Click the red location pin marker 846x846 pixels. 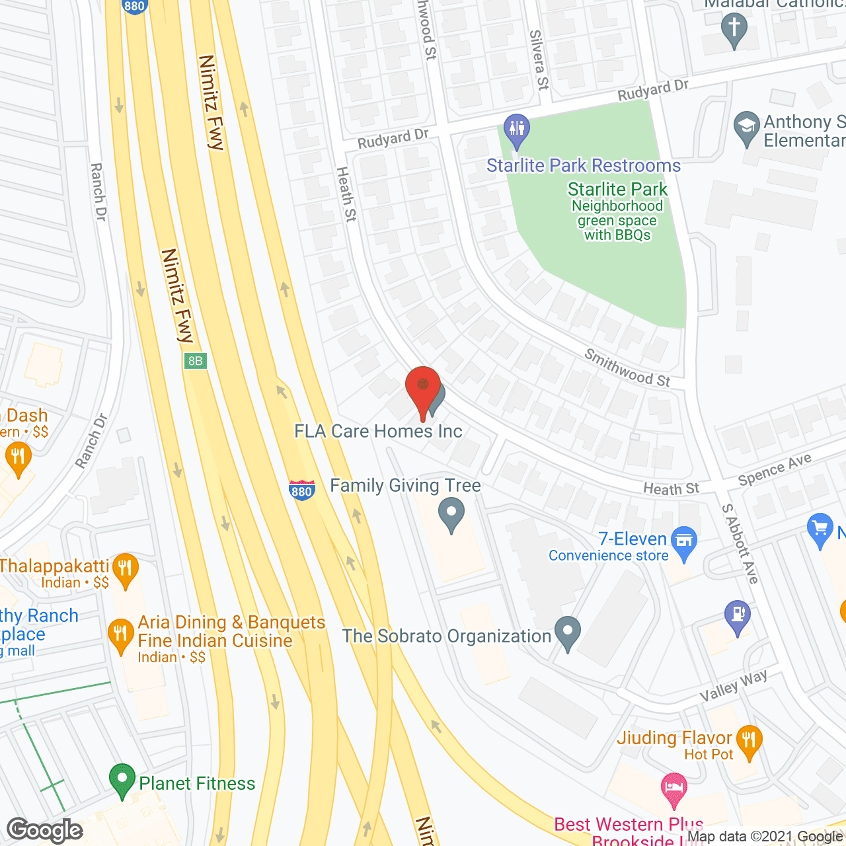tap(422, 387)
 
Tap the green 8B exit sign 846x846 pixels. tap(196, 361)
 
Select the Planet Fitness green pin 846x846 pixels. tap(122, 780)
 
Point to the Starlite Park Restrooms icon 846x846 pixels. tap(516, 130)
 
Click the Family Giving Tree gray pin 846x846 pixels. tap(451, 514)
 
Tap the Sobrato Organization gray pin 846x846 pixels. tap(567, 633)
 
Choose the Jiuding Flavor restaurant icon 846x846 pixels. tap(749, 740)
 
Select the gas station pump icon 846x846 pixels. tap(738, 615)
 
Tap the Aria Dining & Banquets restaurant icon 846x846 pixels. tap(120, 635)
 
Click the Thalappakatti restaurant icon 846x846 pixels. tap(125, 569)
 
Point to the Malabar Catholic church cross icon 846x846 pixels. tap(734, 30)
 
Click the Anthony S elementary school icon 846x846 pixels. tap(747, 128)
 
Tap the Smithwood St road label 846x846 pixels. tap(627, 368)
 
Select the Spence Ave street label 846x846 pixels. tap(775, 470)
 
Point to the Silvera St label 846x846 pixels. tap(539, 60)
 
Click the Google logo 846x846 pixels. tap(45, 830)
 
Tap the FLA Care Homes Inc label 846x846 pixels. tap(378, 432)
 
